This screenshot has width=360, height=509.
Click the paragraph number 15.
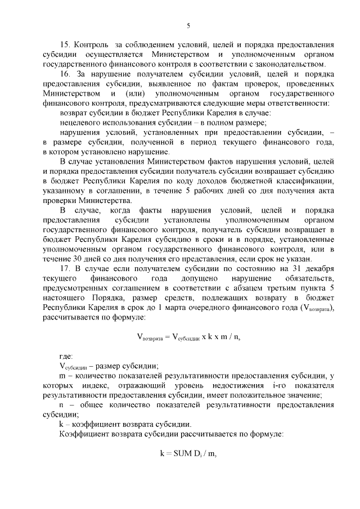(x=64, y=43)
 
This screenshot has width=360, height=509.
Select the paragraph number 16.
(x=64, y=74)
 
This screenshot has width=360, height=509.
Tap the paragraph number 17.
(x=64, y=269)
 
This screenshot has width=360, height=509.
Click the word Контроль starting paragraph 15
(x=91, y=43)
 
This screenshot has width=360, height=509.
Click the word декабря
(x=321, y=269)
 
